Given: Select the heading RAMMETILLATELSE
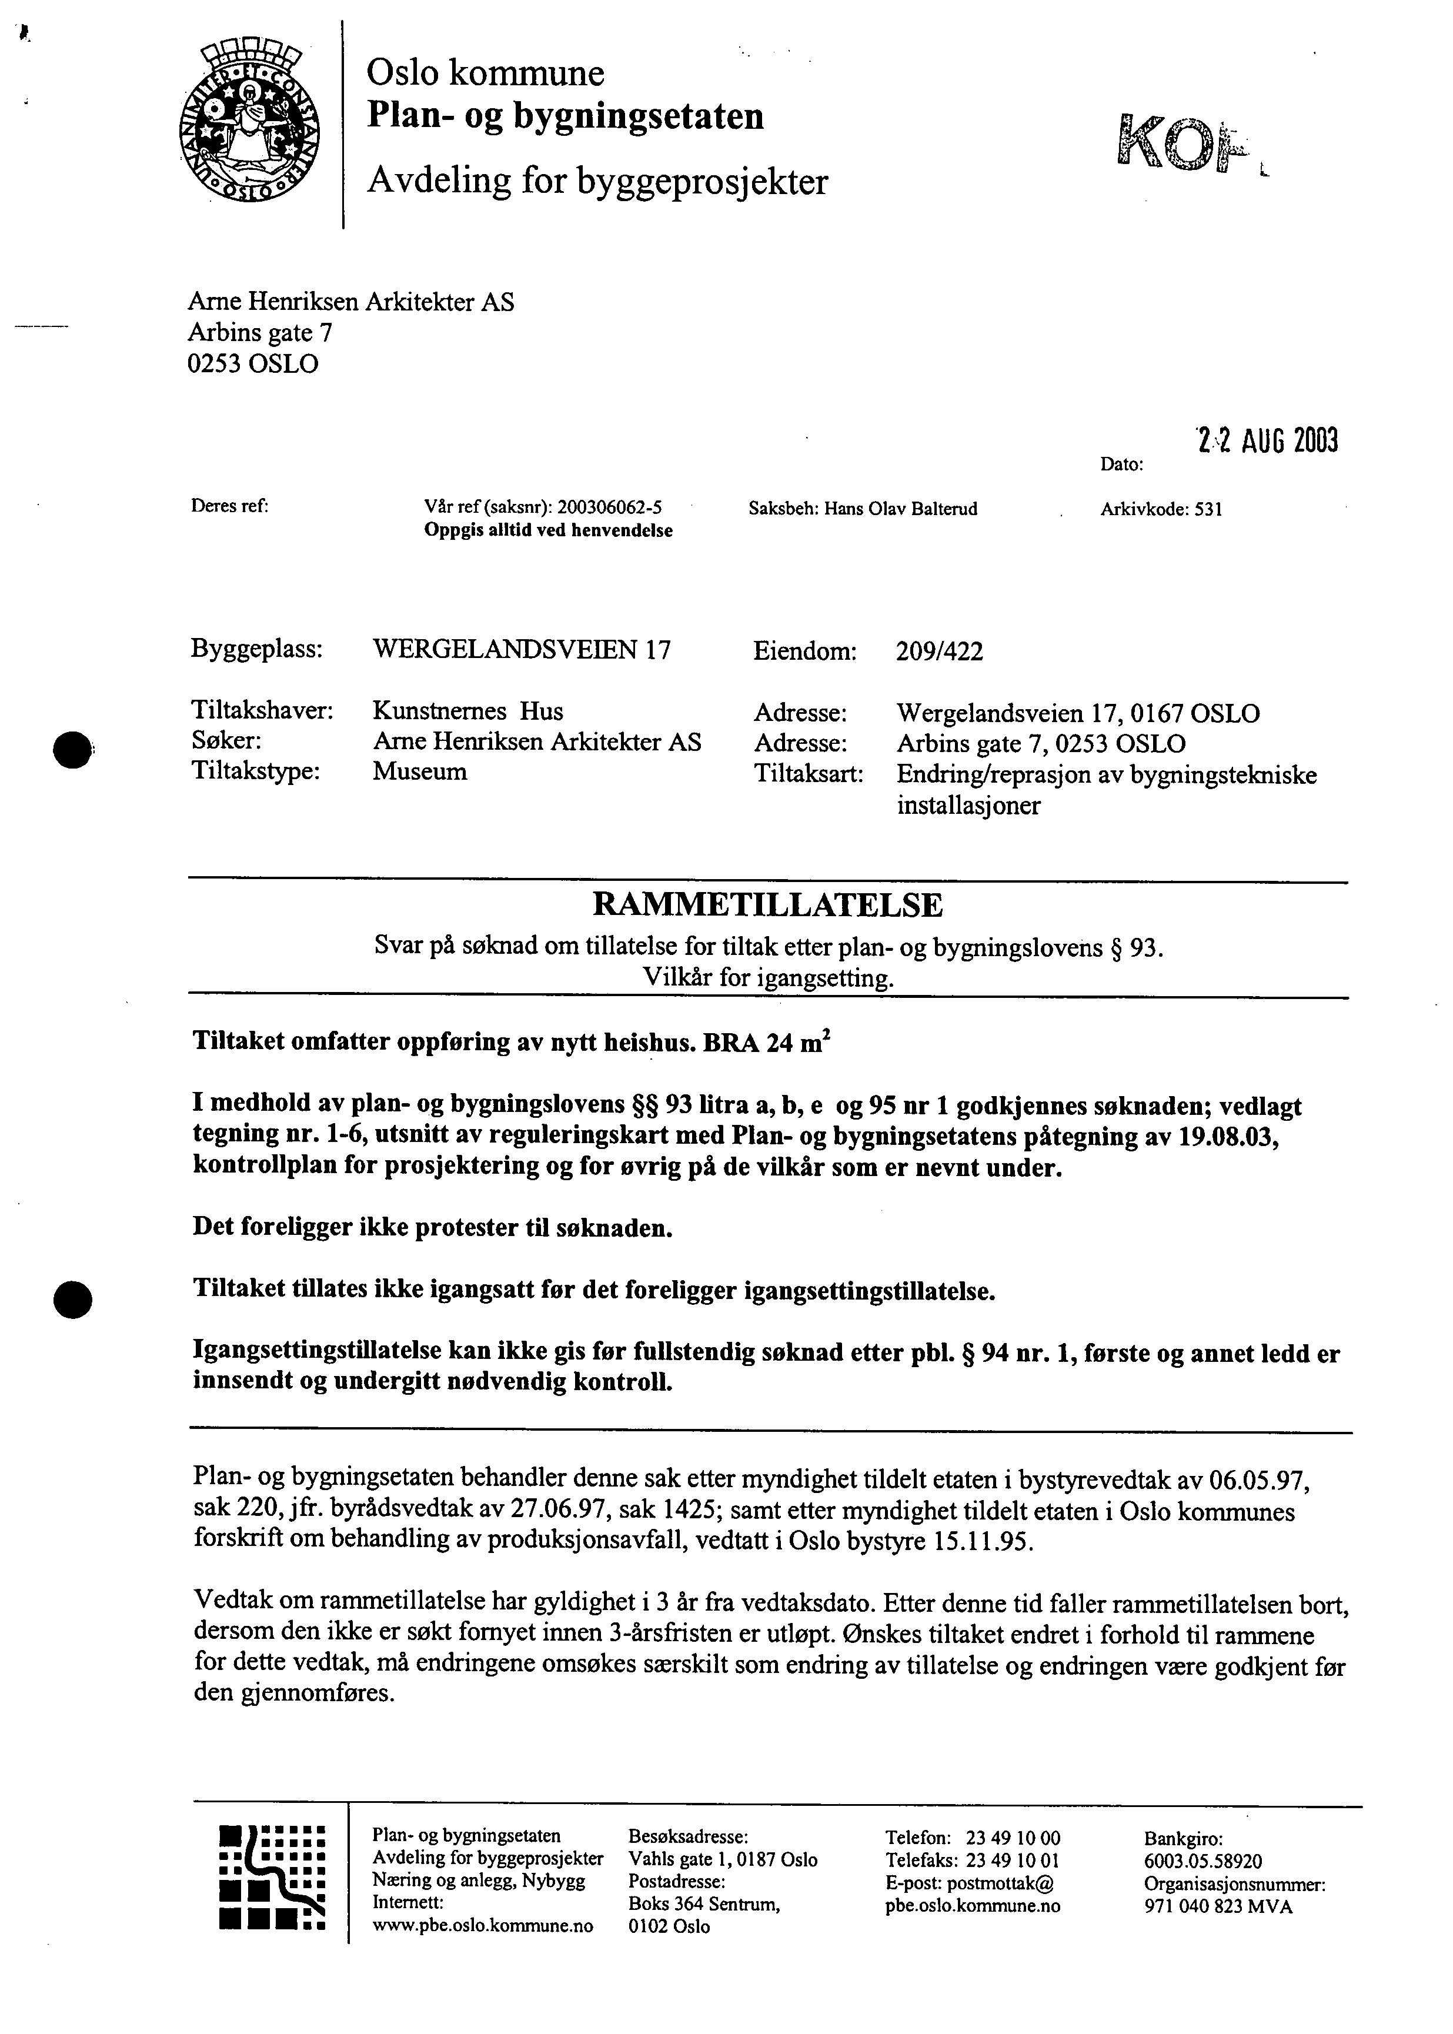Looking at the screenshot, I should point(767,905).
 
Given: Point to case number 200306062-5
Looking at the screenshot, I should point(609,508).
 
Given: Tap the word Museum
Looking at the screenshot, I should point(420,771).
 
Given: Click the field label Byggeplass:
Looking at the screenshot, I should point(257,649).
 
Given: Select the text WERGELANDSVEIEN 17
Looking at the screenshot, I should point(521,649).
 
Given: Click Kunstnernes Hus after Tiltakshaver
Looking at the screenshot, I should point(468,711).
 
